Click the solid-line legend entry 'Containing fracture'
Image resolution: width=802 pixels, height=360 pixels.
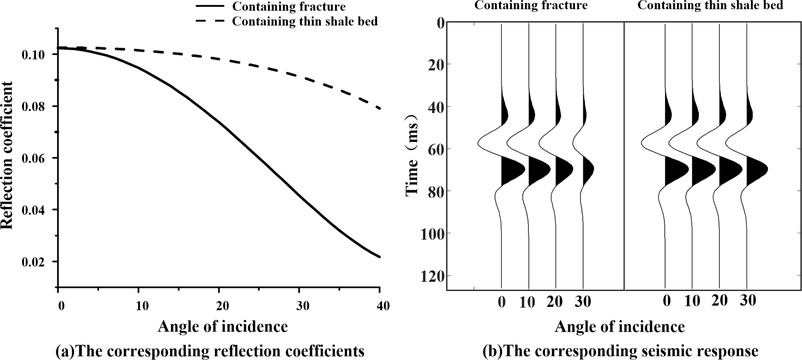288,6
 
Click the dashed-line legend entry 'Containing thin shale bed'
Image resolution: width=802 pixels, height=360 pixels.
305,21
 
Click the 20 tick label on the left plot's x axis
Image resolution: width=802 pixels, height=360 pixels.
223,306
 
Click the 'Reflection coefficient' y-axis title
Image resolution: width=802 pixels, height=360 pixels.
7,155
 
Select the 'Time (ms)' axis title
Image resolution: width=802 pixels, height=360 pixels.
412,155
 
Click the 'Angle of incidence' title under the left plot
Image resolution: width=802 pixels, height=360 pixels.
223,327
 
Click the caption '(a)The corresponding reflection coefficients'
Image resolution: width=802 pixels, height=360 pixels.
210,351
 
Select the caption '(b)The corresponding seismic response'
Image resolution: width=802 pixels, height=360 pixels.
620,351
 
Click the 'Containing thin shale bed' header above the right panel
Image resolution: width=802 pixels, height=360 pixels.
710,5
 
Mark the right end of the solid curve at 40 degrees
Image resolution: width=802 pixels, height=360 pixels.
379,256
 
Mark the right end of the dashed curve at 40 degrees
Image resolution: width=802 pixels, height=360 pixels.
379,109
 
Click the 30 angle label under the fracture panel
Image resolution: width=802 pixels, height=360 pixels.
583,302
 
